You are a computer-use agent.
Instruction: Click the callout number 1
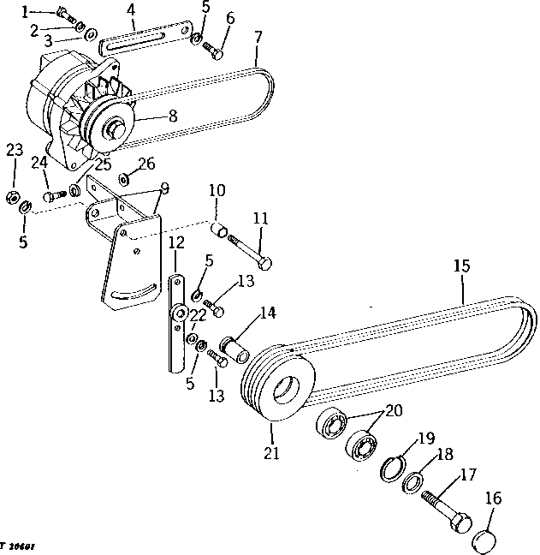pos(26,11)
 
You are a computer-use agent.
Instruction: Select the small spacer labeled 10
pos(219,230)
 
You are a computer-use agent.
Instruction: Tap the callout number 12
pos(175,242)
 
